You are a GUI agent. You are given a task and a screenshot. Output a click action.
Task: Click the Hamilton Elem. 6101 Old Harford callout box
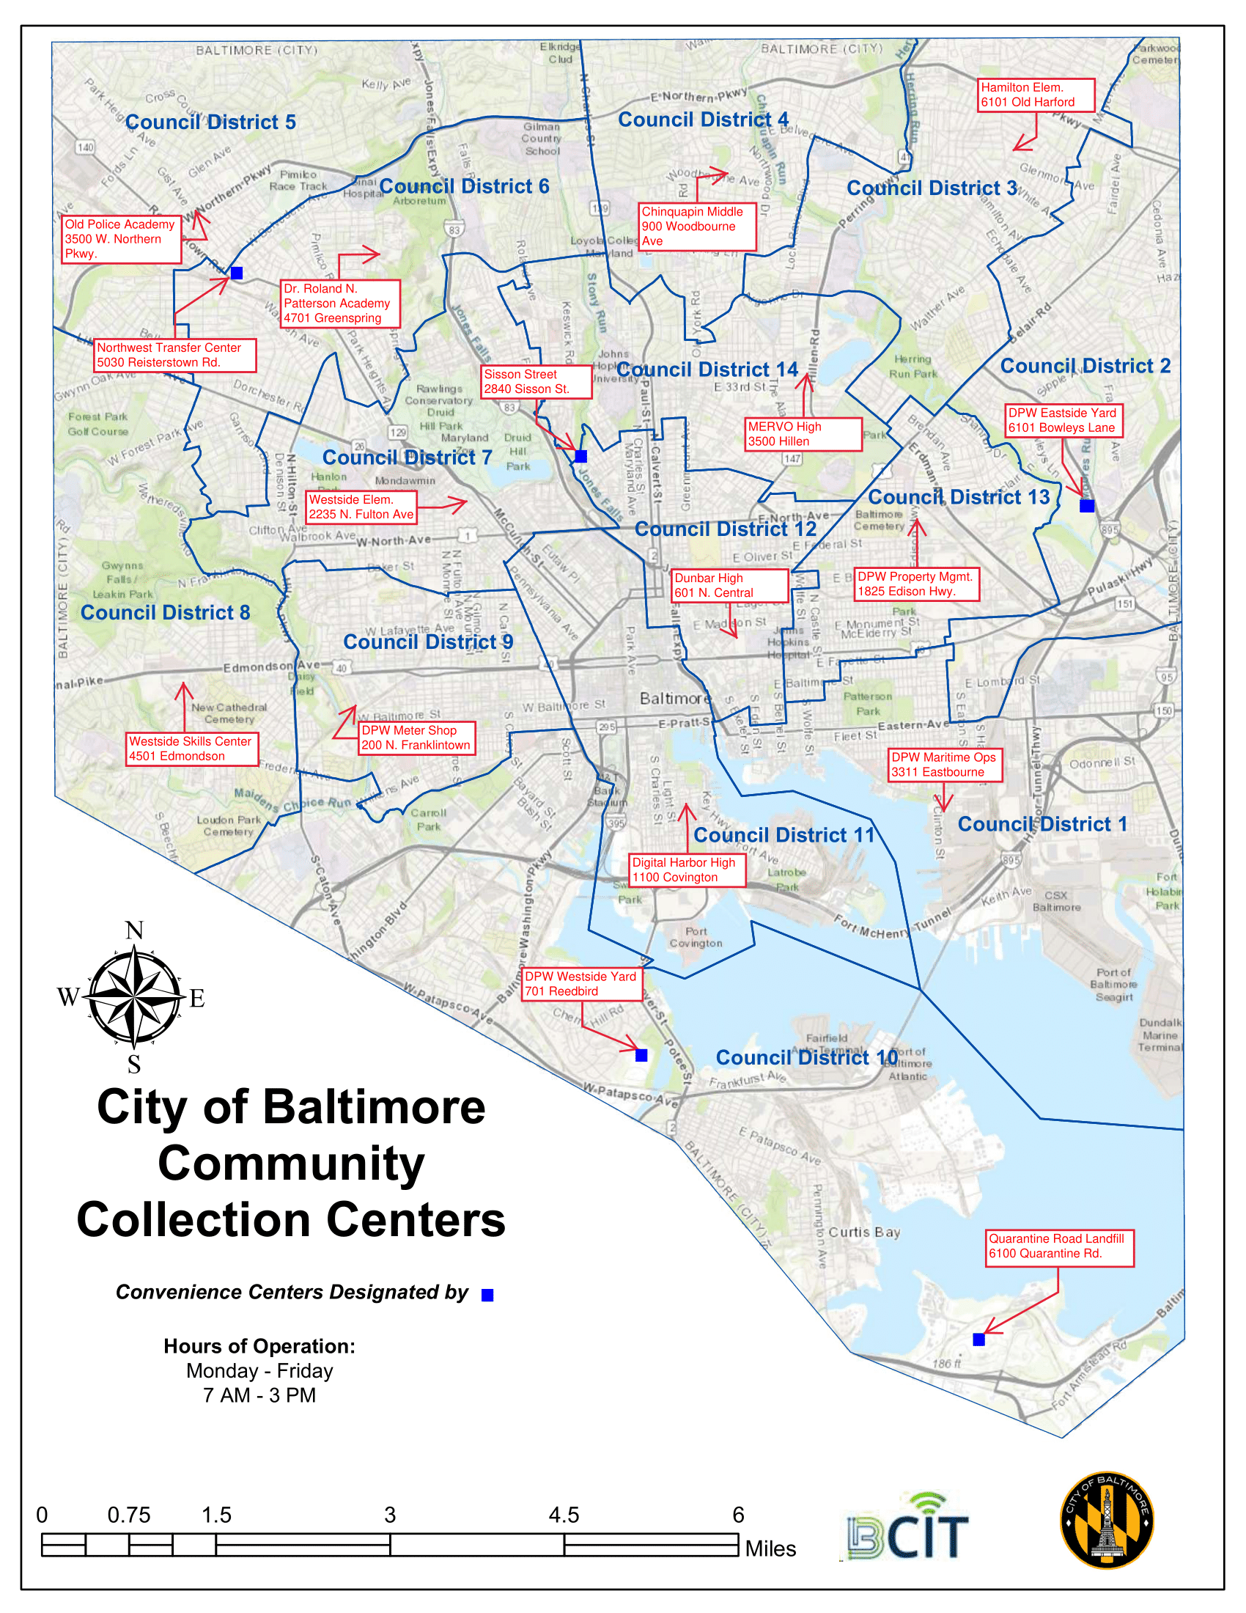(x=1036, y=95)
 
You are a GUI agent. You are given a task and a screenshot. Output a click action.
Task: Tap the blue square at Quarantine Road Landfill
(x=978, y=1340)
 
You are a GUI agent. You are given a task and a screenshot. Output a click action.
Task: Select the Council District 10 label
(x=807, y=1057)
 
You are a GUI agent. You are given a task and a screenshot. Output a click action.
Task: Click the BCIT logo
(x=907, y=1527)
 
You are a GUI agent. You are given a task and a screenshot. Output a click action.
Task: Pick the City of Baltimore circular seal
(x=1107, y=1520)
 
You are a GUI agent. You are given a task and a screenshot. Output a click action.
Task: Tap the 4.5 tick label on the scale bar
(x=564, y=1515)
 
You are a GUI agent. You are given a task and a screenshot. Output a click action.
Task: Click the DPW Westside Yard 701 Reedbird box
(x=581, y=984)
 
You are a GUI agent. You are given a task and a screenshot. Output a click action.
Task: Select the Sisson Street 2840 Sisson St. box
(x=536, y=382)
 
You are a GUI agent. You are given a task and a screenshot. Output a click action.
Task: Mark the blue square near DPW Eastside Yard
(x=1086, y=506)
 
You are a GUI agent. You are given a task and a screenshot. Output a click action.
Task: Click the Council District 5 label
(x=210, y=122)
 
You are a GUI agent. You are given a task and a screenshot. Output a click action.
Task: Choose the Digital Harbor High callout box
(x=687, y=870)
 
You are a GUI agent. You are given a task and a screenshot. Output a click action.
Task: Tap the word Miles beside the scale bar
(x=770, y=1548)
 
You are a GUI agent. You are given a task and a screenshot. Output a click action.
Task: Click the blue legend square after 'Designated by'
(x=487, y=1296)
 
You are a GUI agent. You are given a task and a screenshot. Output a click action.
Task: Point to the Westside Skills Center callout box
(x=192, y=749)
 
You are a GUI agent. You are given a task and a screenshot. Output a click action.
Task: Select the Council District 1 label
(x=1042, y=824)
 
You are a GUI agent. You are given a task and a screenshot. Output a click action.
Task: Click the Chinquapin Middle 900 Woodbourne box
(x=698, y=227)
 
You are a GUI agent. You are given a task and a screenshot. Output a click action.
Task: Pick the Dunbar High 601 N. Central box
(x=729, y=586)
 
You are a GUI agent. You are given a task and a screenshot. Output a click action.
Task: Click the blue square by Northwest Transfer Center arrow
(x=236, y=273)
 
